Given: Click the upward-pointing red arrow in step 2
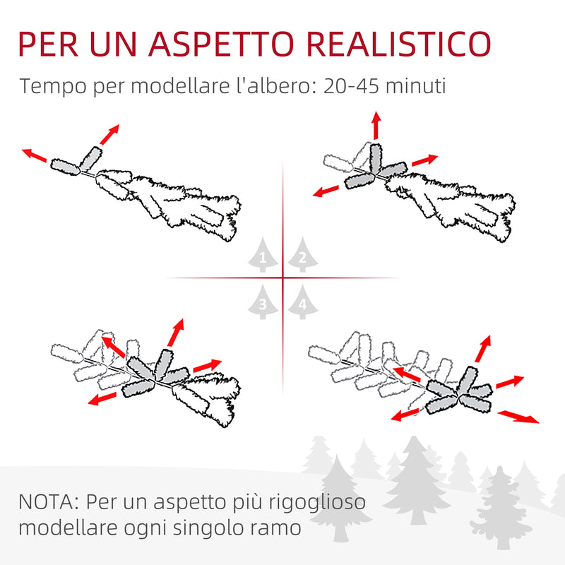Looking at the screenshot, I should pos(376,125).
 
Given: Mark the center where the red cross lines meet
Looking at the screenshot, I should pos(282,278).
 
